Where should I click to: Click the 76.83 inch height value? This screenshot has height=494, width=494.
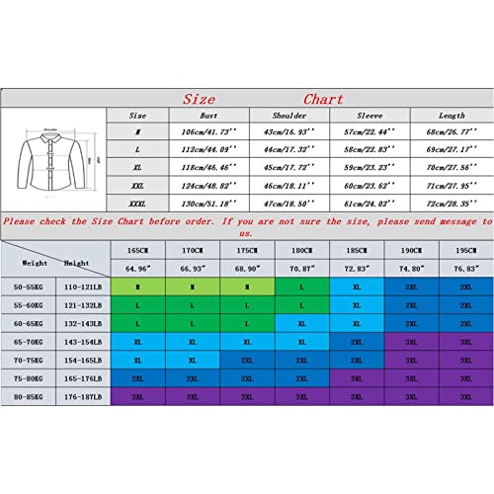coord(464,269)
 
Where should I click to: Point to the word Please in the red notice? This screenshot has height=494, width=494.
coord(24,219)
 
